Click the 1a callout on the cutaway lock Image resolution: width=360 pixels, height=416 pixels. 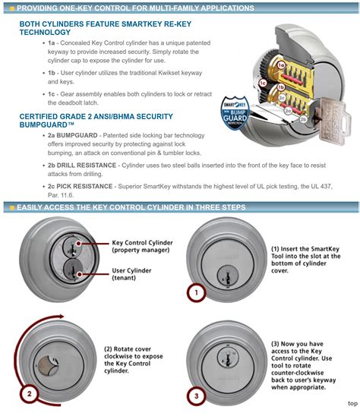coord(281,66)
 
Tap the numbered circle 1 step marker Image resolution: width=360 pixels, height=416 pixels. coord(195,291)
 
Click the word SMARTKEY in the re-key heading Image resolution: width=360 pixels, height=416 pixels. coord(150,24)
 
